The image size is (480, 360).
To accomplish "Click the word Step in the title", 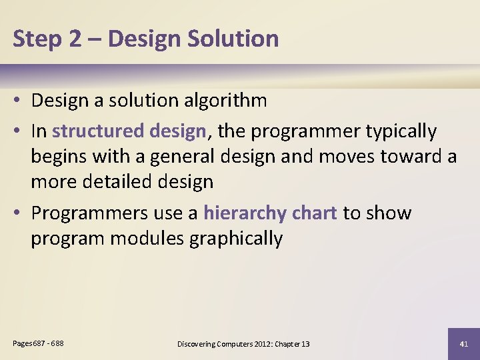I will (36, 39).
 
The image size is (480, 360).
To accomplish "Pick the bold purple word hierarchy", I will (244, 213).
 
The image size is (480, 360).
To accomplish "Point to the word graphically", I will (236, 238).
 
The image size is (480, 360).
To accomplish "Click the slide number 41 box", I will (464, 344).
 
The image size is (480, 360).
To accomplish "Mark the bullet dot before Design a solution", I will (18, 101).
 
